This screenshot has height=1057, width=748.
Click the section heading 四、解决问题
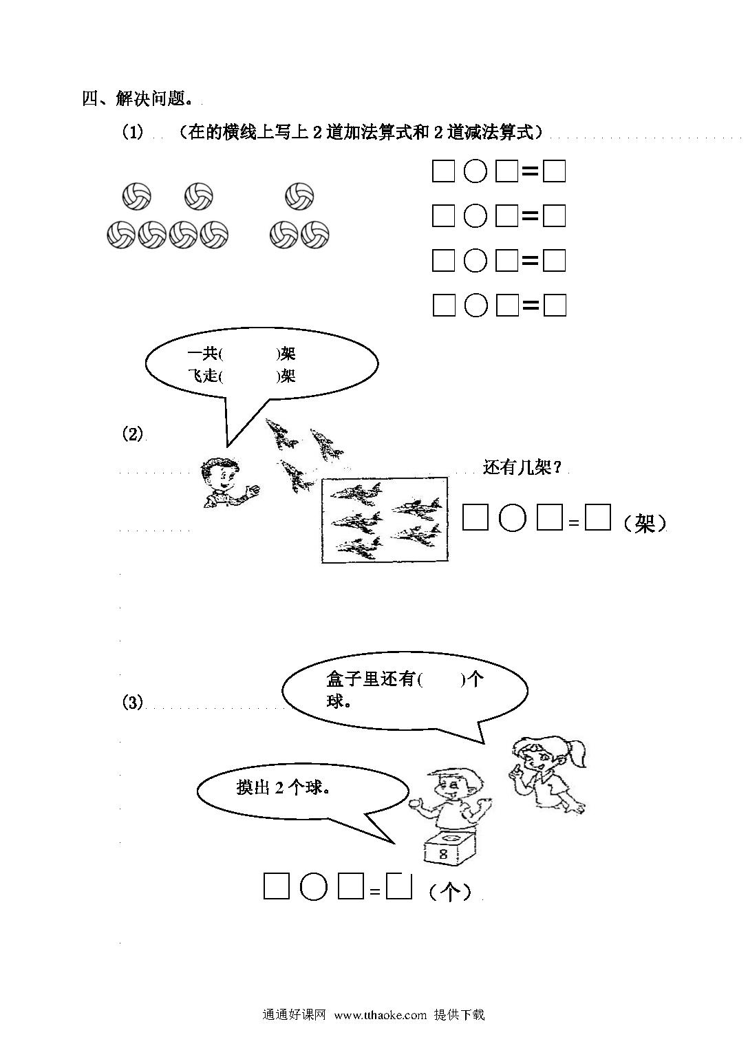point(137,98)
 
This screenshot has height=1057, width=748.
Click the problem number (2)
point(132,434)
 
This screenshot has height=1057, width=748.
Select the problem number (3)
point(132,703)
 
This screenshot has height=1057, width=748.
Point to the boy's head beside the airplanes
point(219,473)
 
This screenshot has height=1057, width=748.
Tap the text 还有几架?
point(522,468)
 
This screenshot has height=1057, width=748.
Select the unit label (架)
point(645,523)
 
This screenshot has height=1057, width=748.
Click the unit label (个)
point(450,891)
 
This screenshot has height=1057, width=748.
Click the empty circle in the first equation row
point(475,171)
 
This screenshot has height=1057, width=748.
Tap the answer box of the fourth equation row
point(555,305)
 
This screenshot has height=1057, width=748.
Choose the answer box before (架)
point(598,517)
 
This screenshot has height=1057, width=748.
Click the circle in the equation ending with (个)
point(314,886)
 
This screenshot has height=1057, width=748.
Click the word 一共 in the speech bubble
point(202,354)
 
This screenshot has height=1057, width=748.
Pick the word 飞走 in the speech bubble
point(202,376)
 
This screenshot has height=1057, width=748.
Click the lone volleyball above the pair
point(299,196)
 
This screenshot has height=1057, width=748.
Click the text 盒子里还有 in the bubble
point(370,679)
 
